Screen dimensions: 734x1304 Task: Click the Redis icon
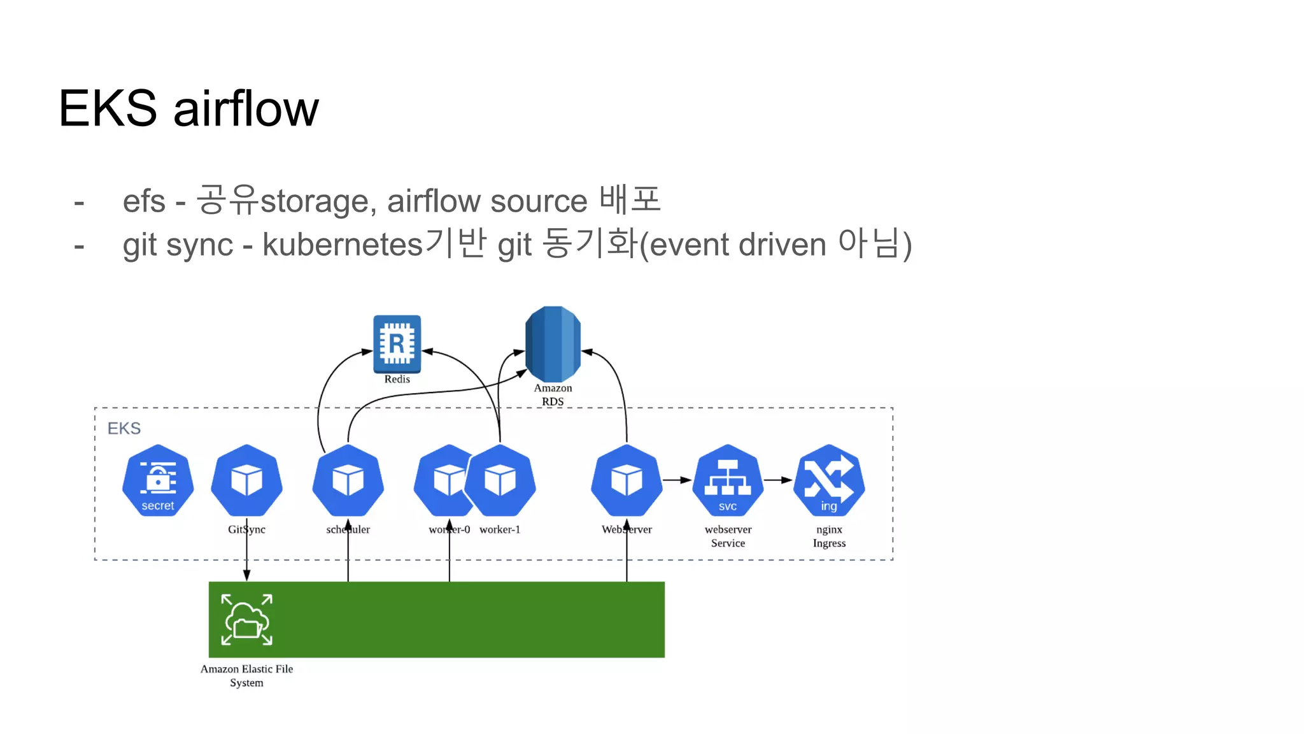(397, 343)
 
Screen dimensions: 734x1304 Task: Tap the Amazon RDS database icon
(553, 344)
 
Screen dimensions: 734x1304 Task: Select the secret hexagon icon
(158, 480)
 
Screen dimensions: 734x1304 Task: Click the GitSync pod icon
(246, 480)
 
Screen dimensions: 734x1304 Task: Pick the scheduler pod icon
(348, 480)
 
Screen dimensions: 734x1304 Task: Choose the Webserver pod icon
(627, 480)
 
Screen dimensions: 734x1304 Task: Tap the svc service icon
(728, 480)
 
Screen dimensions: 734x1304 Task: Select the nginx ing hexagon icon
(829, 480)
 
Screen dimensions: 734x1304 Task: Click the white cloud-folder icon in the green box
(246, 619)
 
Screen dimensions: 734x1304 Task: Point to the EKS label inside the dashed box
(124, 428)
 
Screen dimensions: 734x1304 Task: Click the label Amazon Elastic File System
(246, 675)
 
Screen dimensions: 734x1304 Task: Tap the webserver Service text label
(728, 536)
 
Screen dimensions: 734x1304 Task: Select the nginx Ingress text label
(829, 536)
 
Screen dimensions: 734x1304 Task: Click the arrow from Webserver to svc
(677, 480)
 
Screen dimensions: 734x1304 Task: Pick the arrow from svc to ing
(778, 480)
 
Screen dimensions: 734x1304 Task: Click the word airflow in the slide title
(246, 108)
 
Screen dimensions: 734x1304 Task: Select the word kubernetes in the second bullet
(343, 245)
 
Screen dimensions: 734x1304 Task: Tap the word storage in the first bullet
(314, 201)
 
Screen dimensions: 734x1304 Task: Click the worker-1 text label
(500, 529)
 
